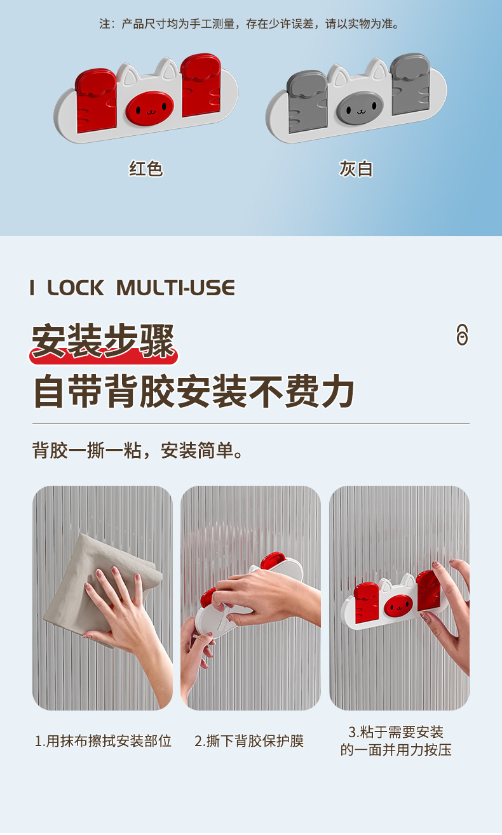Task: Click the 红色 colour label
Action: tap(146, 168)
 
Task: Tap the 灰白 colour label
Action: tap(356, 169)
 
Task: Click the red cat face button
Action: tap(149, 108)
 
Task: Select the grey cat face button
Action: tap(360, 109)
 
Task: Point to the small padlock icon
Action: tap(462, 335)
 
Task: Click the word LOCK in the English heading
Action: tap(76, 288)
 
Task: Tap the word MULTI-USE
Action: tap(175, 288)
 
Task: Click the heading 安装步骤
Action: tap(103, 341)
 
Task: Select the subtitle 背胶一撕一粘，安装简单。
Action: tap(138, 450)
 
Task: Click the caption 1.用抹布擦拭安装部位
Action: tap(103, 740)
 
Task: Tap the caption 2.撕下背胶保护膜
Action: tap(248, 740)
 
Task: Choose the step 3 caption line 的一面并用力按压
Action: tap(396, 750)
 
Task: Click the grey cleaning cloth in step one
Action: tap(100, 585)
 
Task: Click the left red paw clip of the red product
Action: tap(96, 100)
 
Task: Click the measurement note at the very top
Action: tap(249, 24)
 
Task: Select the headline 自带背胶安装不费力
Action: tap(194, 391)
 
